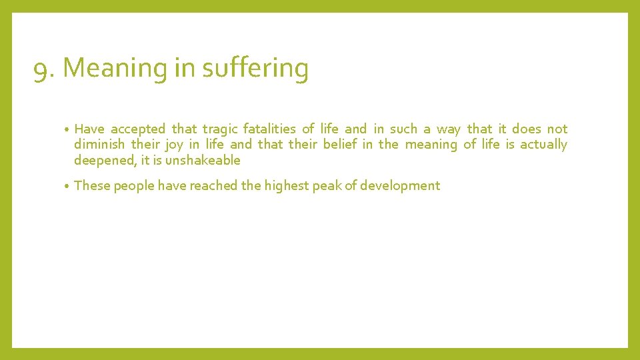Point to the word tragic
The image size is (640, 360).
pos(219,129)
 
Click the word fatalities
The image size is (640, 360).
pos(269,129)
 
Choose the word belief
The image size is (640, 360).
pos(340,145)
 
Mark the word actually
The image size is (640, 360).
pos(543,145)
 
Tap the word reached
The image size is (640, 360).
pos(214,186)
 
